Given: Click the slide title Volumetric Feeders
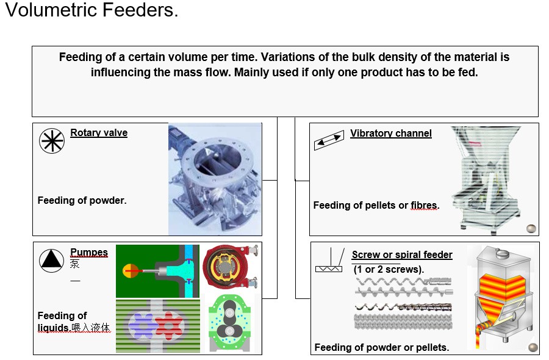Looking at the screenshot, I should tap(91, 12).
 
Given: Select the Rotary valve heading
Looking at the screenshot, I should tap(99, 133).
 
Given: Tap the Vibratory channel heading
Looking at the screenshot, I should tap(390, 134).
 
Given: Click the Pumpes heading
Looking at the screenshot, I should tap(89, 253).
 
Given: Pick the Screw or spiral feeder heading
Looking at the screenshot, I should tap(402, 254).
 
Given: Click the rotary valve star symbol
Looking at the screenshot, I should tap(51, 141).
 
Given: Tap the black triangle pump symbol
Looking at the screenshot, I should tap(51, 261).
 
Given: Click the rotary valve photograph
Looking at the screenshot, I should tap(215, 179).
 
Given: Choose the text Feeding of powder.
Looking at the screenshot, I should tap(82, 200).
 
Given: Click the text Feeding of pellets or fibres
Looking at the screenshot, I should tap(376, 206).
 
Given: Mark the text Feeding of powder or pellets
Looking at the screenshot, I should tap(382, 348).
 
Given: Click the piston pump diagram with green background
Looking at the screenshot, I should tap(157, 270).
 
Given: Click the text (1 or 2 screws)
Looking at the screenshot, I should tap(389, 268).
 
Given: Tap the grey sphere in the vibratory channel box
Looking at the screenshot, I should tap(531, 229).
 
